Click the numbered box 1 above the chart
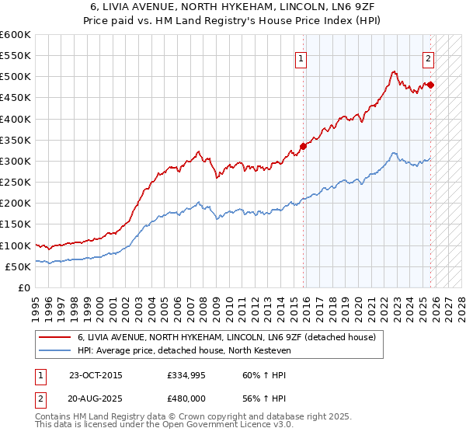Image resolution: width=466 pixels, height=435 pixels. pyautogui.click(x=300, y=57)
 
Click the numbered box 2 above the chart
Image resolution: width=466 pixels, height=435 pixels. pyautogui.click(x=428, y=57)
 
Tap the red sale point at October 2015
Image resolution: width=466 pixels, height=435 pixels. pyautogui.click(x=304, y=146)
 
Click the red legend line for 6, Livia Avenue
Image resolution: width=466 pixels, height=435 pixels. pyautogui.click(x=56, y=337)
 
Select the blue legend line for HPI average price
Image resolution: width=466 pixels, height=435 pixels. pyautogui.click(x=56, y=351)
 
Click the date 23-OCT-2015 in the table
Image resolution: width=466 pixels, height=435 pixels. pyautogui.click(x=96, y=375)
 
